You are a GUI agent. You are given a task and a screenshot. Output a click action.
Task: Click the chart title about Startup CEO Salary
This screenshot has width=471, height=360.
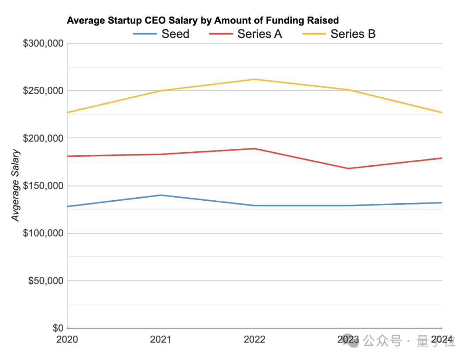coord(203,21)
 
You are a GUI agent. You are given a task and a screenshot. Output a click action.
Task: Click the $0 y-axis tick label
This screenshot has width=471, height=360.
coord(58,328)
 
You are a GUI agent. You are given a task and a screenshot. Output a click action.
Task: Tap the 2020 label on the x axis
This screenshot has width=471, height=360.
coord(68,339)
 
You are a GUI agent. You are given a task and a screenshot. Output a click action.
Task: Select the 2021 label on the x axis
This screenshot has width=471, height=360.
coord(161,339)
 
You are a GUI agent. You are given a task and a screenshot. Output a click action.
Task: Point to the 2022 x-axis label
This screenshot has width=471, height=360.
coord(255,339)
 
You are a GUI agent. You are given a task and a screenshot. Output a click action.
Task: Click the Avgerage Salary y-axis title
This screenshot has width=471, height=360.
coord(16,185)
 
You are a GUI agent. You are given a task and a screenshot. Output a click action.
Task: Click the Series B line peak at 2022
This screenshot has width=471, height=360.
coord(255,79)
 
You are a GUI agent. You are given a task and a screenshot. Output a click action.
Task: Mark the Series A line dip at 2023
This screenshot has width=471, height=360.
coord(348,168)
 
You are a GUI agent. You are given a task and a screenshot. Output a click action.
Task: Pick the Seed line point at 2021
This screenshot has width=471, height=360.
coord(161,195)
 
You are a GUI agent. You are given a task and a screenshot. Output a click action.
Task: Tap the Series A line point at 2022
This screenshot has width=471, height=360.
coord(255,149)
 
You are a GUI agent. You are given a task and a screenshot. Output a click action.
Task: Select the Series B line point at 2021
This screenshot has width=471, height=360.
coord(161,91)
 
